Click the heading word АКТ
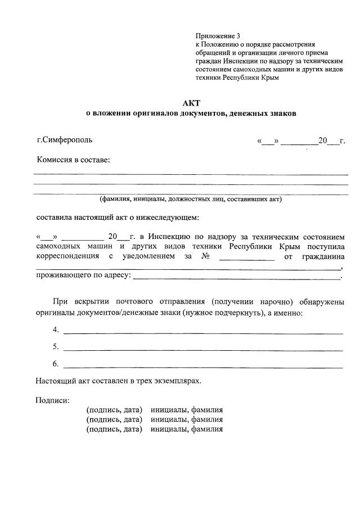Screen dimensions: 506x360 coord(191,103)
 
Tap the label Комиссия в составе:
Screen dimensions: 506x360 coord(73,160)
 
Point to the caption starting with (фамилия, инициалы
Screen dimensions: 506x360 coord(191,199)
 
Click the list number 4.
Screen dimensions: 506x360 coord(56,330)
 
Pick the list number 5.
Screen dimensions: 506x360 coord(56,347)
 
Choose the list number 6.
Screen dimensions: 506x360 coord(56,364)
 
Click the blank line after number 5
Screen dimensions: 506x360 coord(203,350)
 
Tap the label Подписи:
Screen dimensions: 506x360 coord(52,400)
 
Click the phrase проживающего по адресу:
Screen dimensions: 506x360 coord(83,275)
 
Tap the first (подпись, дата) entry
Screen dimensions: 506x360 coord(114,410)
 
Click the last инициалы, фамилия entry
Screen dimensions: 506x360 coord(187,429)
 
